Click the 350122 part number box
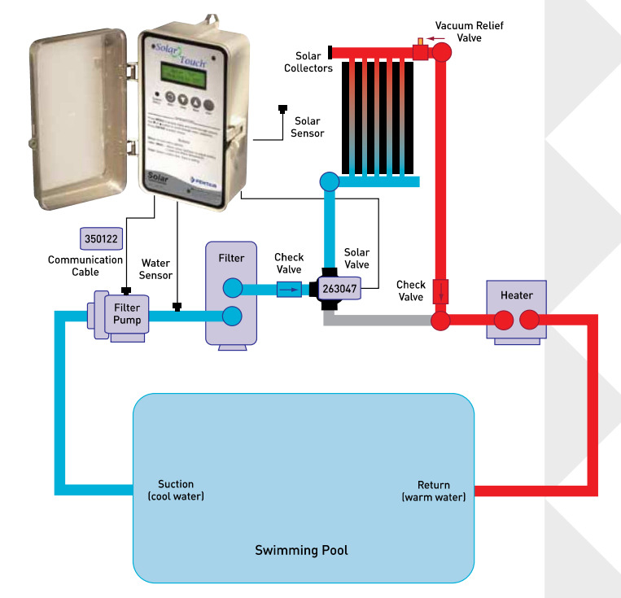[101, 238]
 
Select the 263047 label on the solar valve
[339, 288]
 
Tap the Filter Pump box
[127, 314]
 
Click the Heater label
[517, 295]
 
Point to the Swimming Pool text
[301, 551]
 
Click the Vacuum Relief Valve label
[469, 32]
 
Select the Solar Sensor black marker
[283, 108]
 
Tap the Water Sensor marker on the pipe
[177, 307]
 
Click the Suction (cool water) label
[176, 491]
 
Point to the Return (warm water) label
[434, 491]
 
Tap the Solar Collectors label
[308, 62]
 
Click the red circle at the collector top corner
[442, 52]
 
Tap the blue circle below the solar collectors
[330, 181]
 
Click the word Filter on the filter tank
[231, 259]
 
